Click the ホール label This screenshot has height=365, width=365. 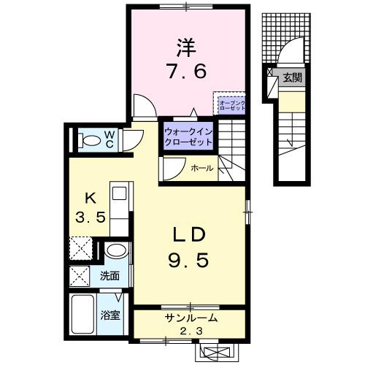coord(201,168)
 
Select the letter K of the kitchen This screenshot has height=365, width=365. coord(91,197)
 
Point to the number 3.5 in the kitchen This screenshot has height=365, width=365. coord(91,217)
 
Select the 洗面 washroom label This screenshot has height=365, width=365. coord(110,276)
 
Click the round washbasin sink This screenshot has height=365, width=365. coord(115,252)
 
